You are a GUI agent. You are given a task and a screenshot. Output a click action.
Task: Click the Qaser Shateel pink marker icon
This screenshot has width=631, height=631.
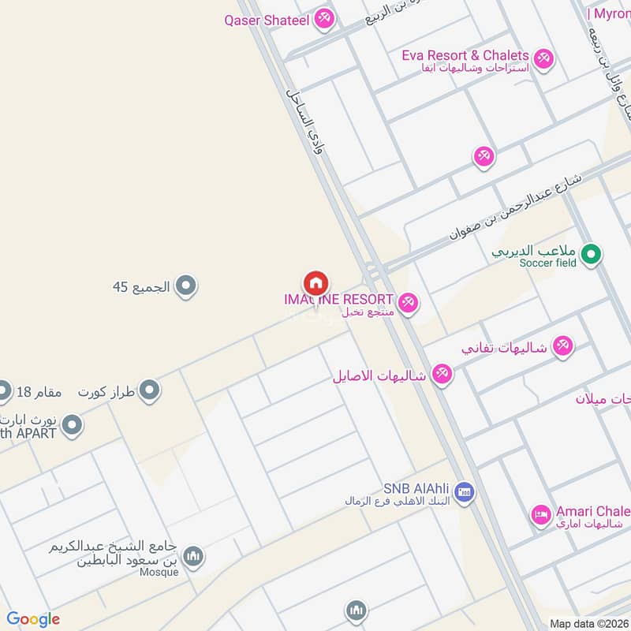[x=323, y=19]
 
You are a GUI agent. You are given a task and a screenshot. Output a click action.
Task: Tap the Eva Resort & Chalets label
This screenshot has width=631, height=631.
[x=465, y=55]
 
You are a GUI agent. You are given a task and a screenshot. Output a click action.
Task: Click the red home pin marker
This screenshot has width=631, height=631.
[x=315, y=282]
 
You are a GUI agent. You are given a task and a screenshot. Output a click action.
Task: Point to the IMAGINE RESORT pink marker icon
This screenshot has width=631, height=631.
[x=407, y=302]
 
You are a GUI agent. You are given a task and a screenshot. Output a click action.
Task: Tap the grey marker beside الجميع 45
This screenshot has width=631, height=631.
[x=185, y=286]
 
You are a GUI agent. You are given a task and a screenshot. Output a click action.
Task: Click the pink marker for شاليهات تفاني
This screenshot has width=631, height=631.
[x=562, y=345]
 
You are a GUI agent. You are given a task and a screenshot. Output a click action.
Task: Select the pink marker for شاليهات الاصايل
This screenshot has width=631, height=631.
[x=442, y=375]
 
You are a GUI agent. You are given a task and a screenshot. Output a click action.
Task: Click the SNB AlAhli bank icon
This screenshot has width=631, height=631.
[x=464, y=491]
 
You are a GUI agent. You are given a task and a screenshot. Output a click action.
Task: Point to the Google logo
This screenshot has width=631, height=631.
[x=33, y=619]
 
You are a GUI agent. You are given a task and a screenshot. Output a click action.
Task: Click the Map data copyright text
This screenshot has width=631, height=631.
[x=588, y=623]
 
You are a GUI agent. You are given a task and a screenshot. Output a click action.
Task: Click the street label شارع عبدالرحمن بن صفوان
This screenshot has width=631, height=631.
[x=516, y=207]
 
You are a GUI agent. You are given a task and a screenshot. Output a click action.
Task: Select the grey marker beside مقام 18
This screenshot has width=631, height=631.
[x=4, y=390]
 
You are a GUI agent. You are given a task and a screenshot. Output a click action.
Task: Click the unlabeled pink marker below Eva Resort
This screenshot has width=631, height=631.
[x=484, y=156]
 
